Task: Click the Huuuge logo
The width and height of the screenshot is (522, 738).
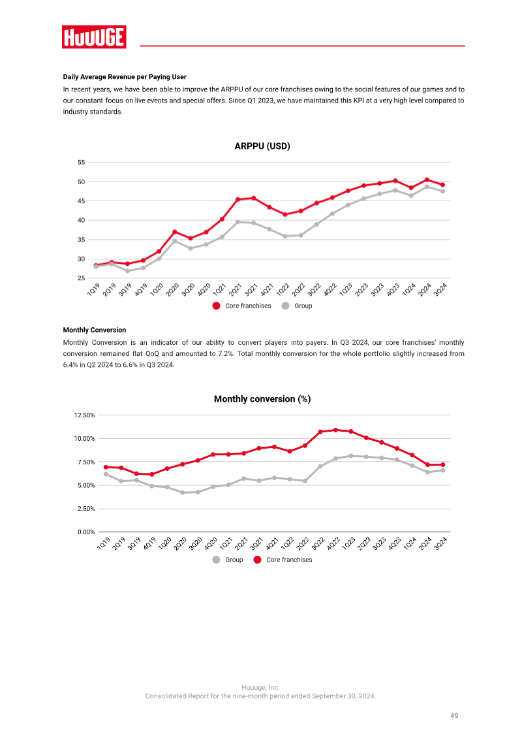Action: point(94,37)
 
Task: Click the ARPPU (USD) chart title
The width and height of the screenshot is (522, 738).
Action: point(262,146)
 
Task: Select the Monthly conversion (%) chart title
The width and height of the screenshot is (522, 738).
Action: point(262,399)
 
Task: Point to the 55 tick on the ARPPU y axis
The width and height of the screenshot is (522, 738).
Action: point(82,163)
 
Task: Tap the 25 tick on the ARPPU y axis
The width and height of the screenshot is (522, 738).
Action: point(82,278)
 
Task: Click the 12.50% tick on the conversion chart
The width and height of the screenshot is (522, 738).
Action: point(84,415)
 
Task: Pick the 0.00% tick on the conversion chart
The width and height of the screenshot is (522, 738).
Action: point(86,532)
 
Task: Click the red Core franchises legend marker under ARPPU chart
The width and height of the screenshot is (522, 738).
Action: point(217,306)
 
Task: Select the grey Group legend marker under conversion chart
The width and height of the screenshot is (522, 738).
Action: point(217,560)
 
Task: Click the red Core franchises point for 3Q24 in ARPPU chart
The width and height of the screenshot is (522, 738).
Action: point(442,185)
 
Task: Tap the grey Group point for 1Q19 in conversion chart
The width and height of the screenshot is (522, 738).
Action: point(106,474)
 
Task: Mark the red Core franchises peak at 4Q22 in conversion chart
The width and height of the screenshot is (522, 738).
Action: point(335,430)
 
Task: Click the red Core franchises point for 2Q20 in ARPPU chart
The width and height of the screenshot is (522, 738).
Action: point(174,232)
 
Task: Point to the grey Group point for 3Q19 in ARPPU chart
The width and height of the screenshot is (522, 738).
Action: point(127,270)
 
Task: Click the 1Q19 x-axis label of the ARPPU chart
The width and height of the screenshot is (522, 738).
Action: point(93,289)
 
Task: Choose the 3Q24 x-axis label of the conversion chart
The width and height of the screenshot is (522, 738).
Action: point(440,543)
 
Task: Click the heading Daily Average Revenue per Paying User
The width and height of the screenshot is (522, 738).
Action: point(125,76)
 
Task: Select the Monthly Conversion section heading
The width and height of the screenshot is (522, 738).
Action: point(95,330)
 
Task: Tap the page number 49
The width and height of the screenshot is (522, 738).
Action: point(453,715)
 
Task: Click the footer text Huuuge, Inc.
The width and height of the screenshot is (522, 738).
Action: point(260,687)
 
